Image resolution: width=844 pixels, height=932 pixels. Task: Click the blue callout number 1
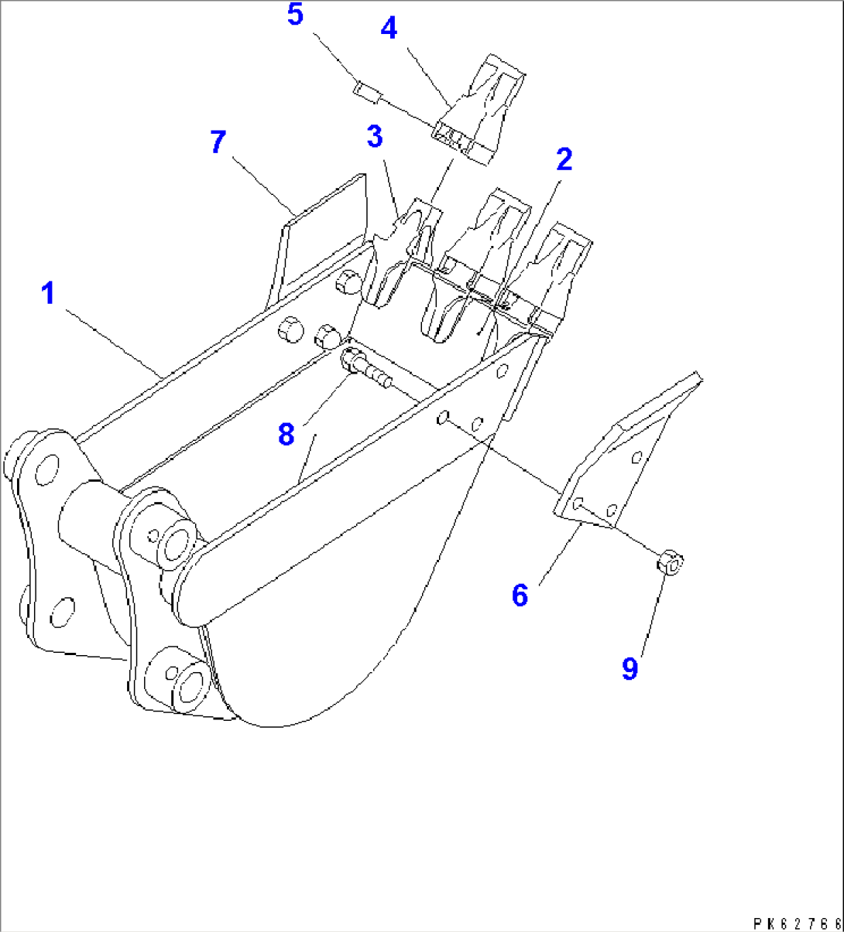tap(48, 293)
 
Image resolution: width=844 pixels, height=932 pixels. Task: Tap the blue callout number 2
tap(564, 159)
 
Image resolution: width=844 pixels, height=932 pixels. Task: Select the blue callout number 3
tap(375, 136)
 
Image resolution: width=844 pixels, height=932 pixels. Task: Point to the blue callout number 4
tap(389, 28)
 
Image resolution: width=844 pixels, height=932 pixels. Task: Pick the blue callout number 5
tap(296, 14)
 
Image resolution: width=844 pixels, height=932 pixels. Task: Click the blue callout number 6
tap(520, 595)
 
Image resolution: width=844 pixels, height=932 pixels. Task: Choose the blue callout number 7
tap(218, 142)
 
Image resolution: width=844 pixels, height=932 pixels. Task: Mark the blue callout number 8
tap(286, 435)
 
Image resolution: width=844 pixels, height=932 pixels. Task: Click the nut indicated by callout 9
tap(670, 562)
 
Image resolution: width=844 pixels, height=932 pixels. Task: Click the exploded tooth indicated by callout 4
tap(479, 110)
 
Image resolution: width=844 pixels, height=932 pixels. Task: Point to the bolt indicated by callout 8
tap(366, 368)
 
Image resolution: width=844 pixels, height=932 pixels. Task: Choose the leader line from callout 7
tap(264, 186)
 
